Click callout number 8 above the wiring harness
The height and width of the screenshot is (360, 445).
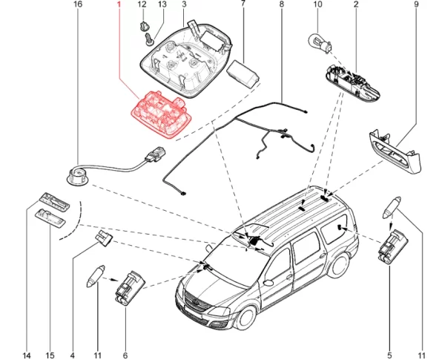(x=281, y=5)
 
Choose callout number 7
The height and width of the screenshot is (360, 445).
(x=243, y=5)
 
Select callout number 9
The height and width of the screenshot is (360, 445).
(x=416, y=5)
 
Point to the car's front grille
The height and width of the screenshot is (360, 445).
(x=192, y=305)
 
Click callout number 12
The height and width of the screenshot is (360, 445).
(x=142, y=5)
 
